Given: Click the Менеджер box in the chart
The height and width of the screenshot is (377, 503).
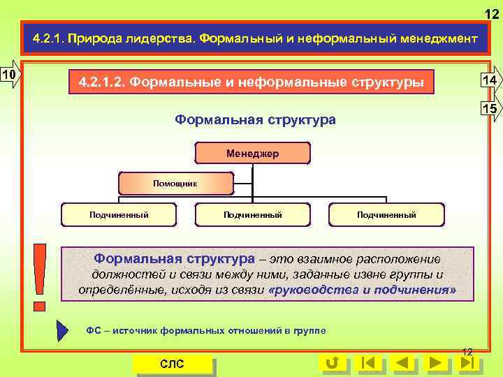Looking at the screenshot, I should tap(252, 153).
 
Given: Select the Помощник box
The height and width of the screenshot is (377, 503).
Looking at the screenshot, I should tap(175, 183).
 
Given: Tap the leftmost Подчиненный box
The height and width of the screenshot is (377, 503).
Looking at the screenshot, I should tap(119, 214).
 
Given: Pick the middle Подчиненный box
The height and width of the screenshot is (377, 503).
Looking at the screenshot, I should tap(252, 214).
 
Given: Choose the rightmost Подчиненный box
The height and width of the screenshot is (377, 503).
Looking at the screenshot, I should tap(386, 214).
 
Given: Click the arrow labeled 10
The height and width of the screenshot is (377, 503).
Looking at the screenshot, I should tap(10, 74).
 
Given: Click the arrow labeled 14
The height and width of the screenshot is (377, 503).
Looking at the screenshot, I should tap(490, 81).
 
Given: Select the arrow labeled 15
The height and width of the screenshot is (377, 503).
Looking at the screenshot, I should tap(490, 110).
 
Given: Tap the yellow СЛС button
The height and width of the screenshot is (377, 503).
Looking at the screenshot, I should tap(173, 364).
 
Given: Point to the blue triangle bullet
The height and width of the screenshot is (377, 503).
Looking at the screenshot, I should tap(62, 330).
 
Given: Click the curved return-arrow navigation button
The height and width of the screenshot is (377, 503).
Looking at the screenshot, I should tap(333, 363).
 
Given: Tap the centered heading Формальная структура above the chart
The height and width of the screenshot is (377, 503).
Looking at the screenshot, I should tap(255, 119).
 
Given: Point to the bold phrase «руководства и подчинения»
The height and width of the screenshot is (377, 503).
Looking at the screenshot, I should tap(361, 290).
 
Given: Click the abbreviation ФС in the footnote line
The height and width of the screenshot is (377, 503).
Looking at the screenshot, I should tap(94, 330).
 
